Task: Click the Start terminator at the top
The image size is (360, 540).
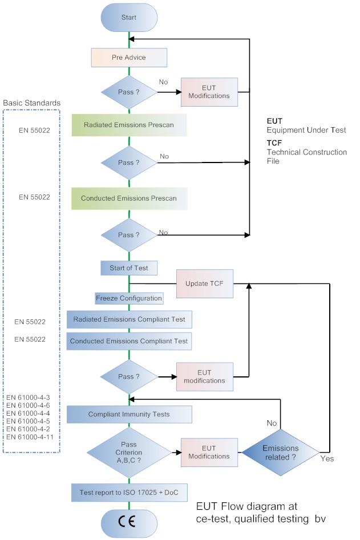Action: (x=129, y=18)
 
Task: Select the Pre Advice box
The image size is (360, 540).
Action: (x=129, y=58)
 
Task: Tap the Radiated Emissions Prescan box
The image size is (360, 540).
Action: (x=129, y=125)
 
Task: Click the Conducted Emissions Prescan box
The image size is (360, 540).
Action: (x=129, y=198)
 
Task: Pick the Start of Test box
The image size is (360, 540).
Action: (x=129, y=267)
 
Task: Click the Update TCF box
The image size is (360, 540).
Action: (x=205, y=283)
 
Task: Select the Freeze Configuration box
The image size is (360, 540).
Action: (x=129, y=298)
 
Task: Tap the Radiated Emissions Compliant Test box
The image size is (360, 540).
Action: (x=129, y=319)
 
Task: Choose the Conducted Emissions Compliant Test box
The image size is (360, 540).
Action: (x=129, y=341)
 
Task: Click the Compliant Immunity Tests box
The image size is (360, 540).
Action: (x=129, y=414)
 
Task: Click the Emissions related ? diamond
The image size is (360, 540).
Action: (x=280, y=452)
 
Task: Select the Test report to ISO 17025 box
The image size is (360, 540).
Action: (x=129, y=492)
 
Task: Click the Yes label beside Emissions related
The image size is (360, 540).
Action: (x=327, y=458)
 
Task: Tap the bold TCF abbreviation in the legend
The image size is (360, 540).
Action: (x=274, y=144)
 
